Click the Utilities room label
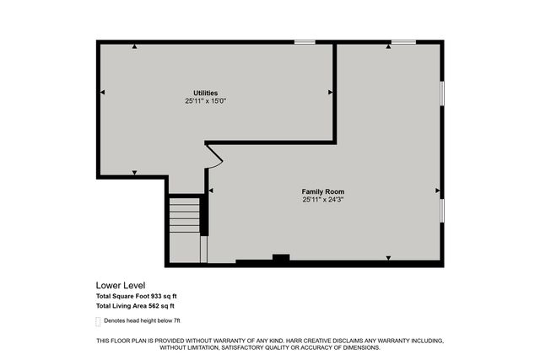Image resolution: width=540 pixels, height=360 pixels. click(x=206, y=93)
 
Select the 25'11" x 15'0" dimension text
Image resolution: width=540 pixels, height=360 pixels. click(x=206, y=101)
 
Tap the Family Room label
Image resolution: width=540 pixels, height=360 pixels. click(x=323, y=192)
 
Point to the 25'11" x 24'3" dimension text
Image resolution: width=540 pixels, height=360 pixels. click(x=323, y=200)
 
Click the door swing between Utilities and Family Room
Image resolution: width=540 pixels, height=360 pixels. click(x=213, y=157)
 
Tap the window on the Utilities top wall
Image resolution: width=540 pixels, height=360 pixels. click(x=305, y=41)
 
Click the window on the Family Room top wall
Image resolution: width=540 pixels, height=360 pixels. click(x=402, y=41)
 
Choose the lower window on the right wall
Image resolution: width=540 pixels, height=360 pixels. click(x=442, y=211)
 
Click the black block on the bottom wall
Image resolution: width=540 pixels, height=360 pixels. click(x=280, y=259)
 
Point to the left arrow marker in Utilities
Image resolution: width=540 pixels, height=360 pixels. click(x=102, y=92)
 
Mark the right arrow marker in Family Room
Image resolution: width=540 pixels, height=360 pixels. click(x=437, y=191)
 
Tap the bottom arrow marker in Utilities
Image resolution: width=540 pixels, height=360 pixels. click(x=134, y=172)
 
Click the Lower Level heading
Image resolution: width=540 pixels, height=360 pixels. click(x=119, y=286)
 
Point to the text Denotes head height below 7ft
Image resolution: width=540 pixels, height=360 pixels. click(x=143, y=321)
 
